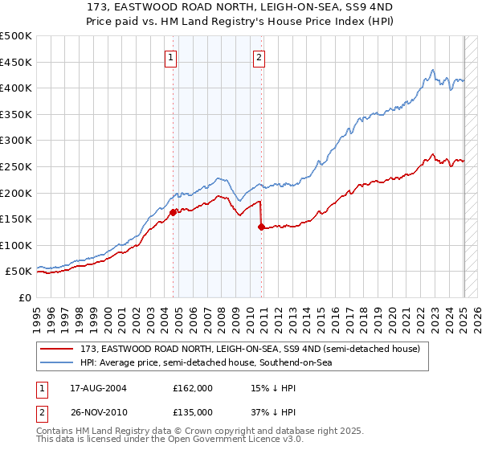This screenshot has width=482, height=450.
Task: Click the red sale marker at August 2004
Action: (174, 213)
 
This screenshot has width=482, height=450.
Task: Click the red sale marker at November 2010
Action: (262, 227)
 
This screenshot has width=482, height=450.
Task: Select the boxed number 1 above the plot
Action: (172, 57)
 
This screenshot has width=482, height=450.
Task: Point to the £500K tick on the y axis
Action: (16, 36)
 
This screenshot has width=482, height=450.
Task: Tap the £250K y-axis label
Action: (16, 166)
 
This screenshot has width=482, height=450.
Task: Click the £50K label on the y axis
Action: (19, 272)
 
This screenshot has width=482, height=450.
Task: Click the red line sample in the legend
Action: (58, 350)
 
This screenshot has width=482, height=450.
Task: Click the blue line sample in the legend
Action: (58, 363)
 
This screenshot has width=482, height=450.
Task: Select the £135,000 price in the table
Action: (193, 411)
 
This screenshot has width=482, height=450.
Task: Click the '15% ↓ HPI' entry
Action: (274, 388)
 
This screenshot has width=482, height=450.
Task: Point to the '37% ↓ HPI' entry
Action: (274, 411)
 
